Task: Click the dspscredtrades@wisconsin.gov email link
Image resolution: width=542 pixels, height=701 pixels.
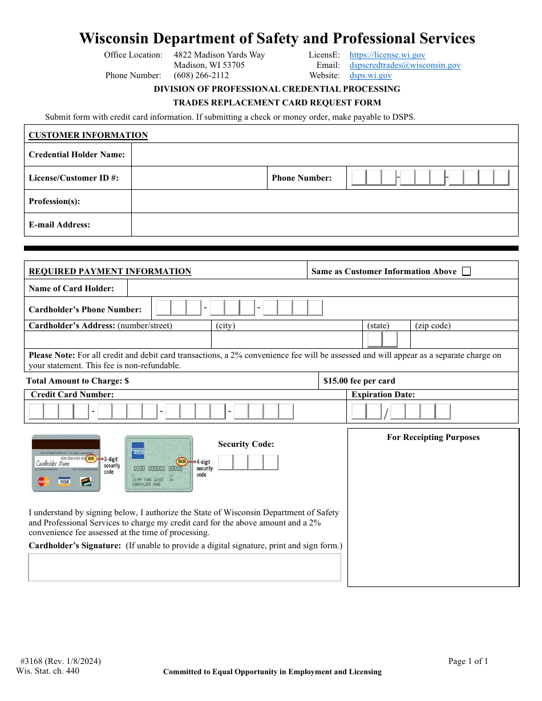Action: tap(405, 66)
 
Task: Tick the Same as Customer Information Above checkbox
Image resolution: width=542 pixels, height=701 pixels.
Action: tap(466, 271)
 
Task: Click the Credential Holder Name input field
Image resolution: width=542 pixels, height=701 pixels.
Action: tap(324, 154)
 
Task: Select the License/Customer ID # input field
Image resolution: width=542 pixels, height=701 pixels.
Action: tap(199, 178)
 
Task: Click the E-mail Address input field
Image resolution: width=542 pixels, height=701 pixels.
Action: tap(324, 225)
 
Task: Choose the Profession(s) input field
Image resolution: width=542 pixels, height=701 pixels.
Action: tap(324, 201)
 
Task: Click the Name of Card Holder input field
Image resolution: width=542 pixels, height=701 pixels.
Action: tap(322, 288)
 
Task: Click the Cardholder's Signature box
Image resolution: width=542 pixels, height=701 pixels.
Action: tap(184, 567)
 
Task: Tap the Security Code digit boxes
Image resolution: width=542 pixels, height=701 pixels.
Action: tap(248, 462)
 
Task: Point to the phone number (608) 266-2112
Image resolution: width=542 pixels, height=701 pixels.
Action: tap(201, 75)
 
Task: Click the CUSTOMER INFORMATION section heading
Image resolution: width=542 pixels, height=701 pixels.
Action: tap(88, 135)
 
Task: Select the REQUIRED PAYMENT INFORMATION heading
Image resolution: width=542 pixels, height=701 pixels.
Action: tap(110, 271)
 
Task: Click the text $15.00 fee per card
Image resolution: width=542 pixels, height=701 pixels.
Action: tap(359, 381)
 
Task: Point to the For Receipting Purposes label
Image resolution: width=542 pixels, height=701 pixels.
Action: tap(433, 437)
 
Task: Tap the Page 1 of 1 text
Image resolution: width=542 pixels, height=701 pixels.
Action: tap(468, 661)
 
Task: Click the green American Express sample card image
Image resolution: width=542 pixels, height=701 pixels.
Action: tap(159, 463)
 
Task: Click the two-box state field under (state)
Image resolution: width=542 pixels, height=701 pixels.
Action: tap(382, 340)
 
